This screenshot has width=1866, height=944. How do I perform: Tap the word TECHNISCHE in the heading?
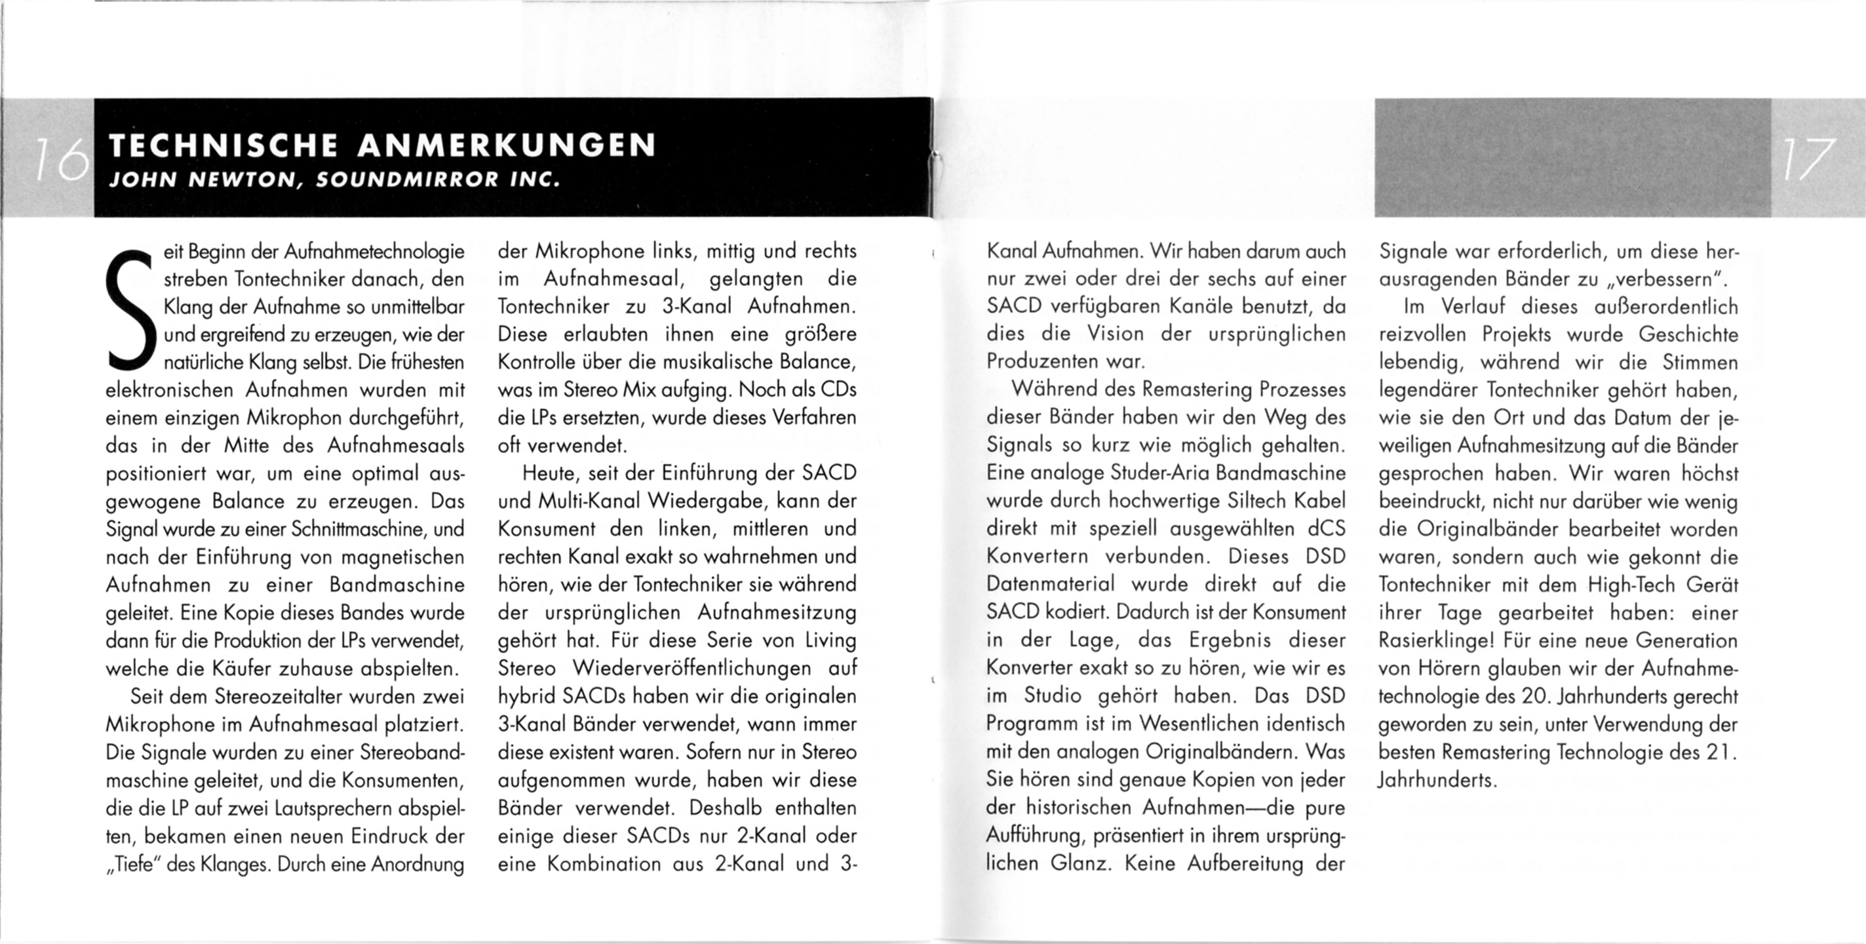coord(222,145)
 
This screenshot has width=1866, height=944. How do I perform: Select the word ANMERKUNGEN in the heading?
coord(507,145)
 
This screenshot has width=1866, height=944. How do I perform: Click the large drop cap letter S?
coord(130,308)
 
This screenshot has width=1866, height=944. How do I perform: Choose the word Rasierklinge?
coord(1438,641)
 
